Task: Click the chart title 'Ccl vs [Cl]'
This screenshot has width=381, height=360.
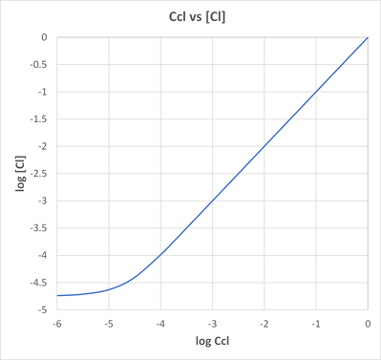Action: pos(190,16)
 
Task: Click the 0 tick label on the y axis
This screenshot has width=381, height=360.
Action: pos(44,38)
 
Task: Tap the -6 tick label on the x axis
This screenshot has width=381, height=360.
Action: pos(56,324)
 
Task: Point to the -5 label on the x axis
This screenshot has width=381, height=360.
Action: pos(108,324)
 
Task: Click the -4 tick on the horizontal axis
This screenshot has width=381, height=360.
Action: pos(159,324)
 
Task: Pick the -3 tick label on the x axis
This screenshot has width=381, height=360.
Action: pos(212,324)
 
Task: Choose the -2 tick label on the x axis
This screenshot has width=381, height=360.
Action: pos(264,324)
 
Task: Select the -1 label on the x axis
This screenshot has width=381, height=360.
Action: pos(315,324)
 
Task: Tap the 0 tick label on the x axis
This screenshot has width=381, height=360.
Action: pos(368,324)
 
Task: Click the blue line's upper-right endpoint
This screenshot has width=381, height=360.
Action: pos(368,38)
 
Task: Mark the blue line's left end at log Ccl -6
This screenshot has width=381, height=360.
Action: pos(56,296)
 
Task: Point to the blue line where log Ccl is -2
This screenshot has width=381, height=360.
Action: pos(264,147)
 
